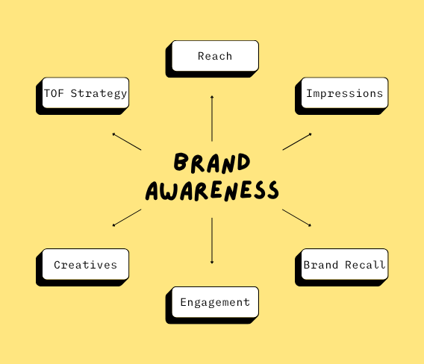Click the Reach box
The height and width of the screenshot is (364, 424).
212,59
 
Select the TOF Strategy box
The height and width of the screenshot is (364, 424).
82,96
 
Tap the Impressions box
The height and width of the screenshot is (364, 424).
342,96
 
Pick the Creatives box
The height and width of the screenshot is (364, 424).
82,267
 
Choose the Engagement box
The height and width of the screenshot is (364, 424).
212,305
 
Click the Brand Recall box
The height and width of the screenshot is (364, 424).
342,267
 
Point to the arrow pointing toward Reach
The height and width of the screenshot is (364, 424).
212,118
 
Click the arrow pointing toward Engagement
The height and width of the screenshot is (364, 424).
212,241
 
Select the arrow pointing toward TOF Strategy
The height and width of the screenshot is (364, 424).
127,141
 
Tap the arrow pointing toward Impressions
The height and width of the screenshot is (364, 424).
297,141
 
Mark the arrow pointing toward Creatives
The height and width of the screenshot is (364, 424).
127,218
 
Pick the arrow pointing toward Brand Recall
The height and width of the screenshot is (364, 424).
296,218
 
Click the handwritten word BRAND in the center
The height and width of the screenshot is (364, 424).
212,163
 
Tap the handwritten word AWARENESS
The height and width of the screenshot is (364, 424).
212,191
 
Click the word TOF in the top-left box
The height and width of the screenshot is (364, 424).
54,93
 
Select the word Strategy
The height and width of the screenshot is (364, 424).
99,93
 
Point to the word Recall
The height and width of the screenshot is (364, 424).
365,265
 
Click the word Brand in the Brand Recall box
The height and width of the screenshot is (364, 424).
321,265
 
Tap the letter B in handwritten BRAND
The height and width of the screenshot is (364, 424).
181,162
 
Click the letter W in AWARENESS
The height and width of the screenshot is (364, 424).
168,191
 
